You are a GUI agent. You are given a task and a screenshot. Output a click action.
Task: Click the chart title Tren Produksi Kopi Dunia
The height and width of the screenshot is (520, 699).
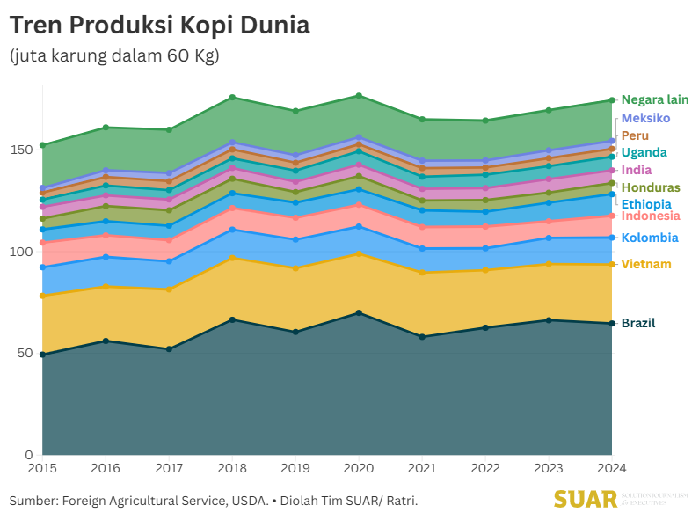159,26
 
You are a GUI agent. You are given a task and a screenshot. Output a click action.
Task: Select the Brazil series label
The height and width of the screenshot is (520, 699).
638,323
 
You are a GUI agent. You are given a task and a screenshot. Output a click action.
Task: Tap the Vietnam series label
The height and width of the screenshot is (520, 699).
646,264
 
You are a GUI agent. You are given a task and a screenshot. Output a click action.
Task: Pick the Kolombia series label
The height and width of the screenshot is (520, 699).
650,238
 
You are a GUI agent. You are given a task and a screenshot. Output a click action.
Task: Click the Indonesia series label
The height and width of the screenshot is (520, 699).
651,216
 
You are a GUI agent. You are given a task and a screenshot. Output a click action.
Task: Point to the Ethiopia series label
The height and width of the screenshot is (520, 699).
646,204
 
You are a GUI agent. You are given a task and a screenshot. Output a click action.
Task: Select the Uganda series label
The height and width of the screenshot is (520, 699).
644,152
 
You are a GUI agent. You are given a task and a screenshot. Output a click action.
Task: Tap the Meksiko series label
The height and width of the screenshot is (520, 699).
646,118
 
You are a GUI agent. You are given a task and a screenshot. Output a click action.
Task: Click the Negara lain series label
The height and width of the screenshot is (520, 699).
655,99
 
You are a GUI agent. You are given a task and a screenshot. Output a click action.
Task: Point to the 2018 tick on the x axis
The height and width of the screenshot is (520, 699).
232,467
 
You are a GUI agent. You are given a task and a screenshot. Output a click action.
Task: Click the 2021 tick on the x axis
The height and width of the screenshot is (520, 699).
422,467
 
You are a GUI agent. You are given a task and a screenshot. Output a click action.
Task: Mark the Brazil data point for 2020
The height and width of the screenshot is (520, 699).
359,313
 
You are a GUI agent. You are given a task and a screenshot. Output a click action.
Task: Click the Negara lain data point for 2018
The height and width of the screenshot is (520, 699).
232,97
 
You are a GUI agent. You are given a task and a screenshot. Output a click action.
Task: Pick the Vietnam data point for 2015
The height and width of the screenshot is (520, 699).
42,296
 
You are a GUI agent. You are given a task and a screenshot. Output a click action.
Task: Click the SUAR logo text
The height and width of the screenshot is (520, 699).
585,499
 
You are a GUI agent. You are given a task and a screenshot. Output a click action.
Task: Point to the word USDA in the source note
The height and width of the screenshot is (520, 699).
249,501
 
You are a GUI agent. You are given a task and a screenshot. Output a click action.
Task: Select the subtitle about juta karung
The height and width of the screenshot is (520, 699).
114,56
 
